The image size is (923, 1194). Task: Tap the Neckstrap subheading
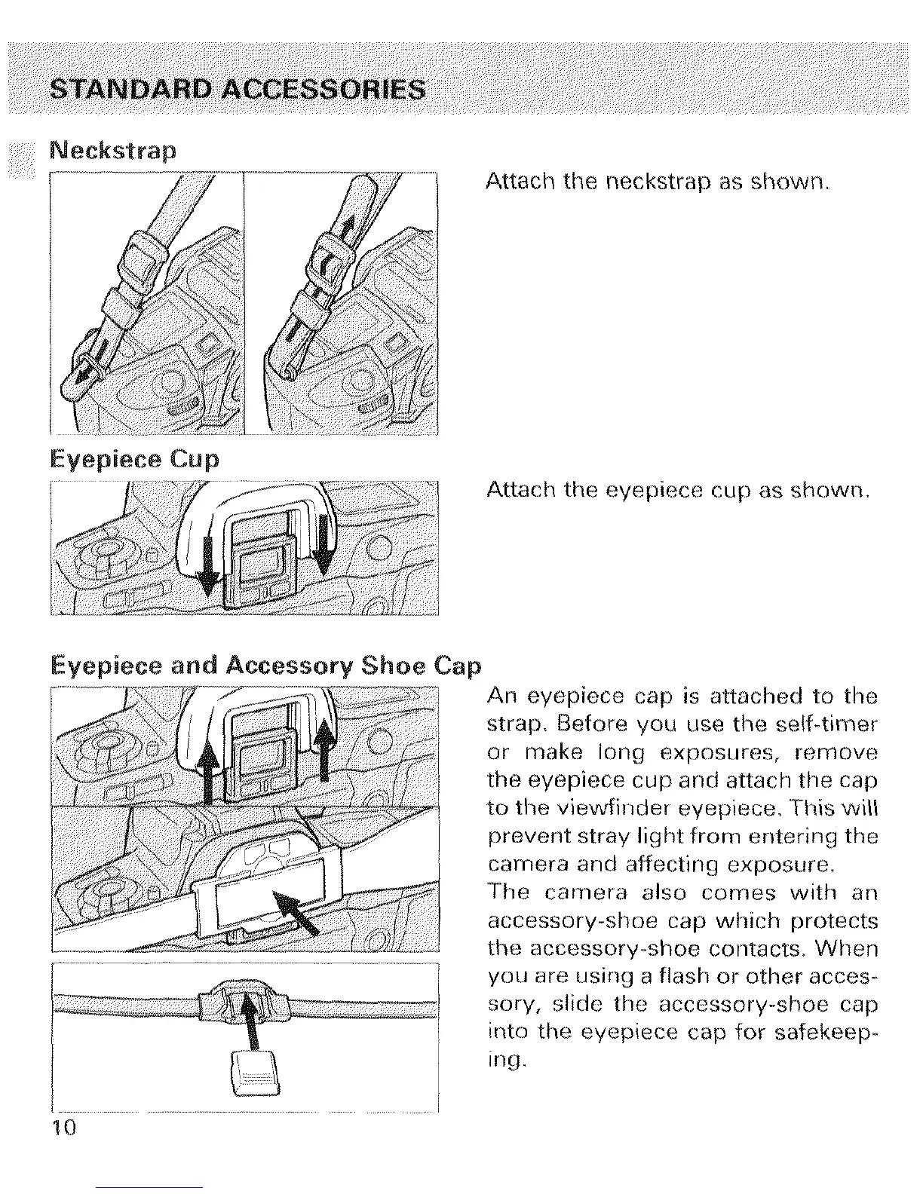point(112,151)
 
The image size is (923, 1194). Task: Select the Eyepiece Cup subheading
point(133,459)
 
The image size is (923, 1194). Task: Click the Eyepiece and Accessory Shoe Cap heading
point(265,666)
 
